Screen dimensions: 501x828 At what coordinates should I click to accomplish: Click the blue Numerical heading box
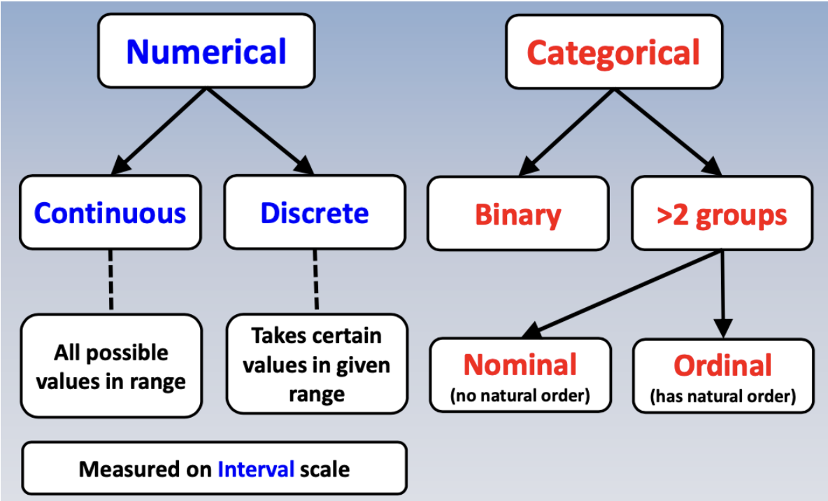click(206, 52)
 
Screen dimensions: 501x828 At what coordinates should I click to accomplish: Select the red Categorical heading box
click(613, 52)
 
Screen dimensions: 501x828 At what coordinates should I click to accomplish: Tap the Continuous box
click(110, 213)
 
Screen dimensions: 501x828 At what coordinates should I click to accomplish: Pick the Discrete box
click(315, 213)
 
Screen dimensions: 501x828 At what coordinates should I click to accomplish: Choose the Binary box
click(517, 214)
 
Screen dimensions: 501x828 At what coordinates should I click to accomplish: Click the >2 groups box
click(722, 214)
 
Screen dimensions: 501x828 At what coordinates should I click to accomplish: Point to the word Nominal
click(520, 365)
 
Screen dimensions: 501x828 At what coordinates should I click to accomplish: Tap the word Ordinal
click(722, 365)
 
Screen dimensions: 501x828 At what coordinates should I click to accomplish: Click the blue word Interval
click(256, 469)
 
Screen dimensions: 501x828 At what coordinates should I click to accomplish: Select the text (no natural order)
click(520, 396)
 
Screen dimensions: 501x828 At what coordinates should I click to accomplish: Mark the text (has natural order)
click(722, 397)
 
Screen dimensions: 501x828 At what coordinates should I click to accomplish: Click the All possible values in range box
click(110, 367)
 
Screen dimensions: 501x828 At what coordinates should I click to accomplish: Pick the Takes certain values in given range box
click(316, 364)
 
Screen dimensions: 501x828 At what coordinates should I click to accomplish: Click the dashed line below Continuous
click(110, 281)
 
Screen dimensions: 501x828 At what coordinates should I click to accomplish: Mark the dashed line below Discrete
click(315, 280)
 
